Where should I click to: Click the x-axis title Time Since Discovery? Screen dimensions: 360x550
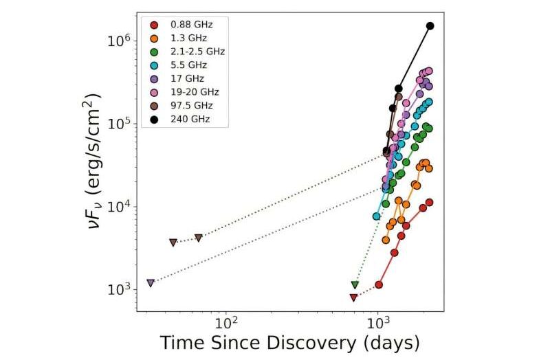(289, 343)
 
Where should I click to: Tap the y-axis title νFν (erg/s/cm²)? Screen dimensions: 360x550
(96, 162)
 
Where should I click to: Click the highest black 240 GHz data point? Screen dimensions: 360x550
(430, 26)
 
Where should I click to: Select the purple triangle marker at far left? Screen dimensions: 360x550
(151, 283)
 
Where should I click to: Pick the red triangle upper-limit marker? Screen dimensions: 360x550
(353, 297)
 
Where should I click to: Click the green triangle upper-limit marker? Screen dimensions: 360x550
(355, 284)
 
